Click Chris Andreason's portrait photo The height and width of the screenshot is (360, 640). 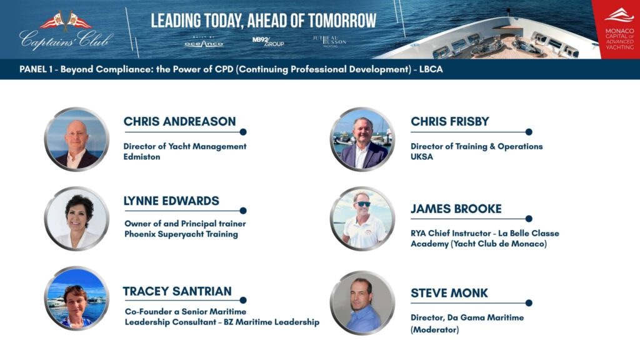(x=77, y=139)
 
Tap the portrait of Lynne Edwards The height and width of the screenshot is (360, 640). (x=77, y=218)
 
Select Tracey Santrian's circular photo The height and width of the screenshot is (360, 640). (x=77, y=298)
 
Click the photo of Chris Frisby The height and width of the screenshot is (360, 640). (x=362, y=139)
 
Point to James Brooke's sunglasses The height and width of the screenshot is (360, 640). (x=362, y=204)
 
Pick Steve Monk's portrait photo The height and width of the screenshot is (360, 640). (x=362, y=303)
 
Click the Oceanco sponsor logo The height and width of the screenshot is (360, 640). (x=204, y=42)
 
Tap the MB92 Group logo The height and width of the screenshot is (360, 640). (x=267, y=42)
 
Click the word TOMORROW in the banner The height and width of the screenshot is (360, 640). (x=342, y=21)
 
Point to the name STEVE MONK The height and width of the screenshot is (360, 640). (x=449, y=293)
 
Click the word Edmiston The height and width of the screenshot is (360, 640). (x=142, y=157)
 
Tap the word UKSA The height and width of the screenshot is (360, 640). (x=422, y=157)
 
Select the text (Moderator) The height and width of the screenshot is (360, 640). (x=435, y=329)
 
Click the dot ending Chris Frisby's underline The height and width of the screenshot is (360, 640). (x=529, y=132)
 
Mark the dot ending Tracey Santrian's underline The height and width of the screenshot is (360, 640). (x=243, y=301)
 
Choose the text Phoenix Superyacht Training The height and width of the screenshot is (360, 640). (x=181, y=234)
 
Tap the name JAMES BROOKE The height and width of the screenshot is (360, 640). (x=456, y=209)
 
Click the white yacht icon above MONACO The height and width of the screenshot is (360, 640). (x=619, y=16)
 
